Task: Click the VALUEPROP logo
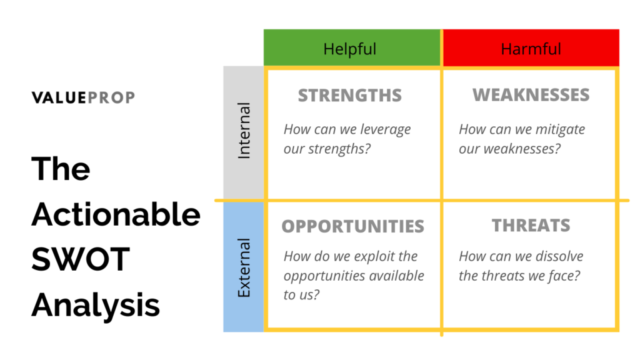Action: pos(83,97)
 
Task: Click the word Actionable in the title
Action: pos(116,215)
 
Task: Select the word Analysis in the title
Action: pos(96,306)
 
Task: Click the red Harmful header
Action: pos(531,48)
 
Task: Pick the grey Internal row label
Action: pos(244,131)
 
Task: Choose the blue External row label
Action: pos(244,267)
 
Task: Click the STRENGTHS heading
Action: pos(349,96)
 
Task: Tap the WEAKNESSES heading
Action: pos(531,95)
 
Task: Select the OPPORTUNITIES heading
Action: pos(352,226)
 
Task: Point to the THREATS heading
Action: pos(531,226)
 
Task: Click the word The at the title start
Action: pos(61,169)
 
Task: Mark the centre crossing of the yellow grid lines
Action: pos(442,201)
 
